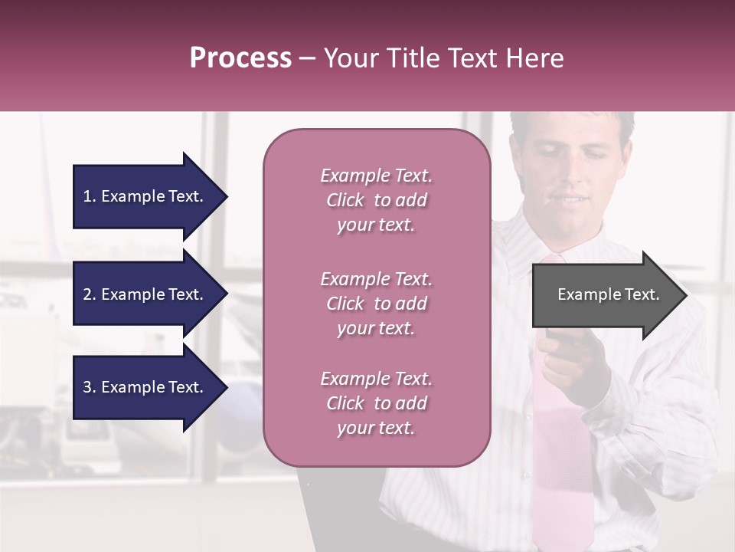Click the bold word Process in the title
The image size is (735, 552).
(240, 58)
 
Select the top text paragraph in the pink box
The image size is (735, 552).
(376, 200)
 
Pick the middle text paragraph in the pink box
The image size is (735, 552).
(376, 303)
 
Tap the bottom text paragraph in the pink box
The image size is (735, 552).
(376, 403)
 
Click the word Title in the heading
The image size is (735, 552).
(410, 58)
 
